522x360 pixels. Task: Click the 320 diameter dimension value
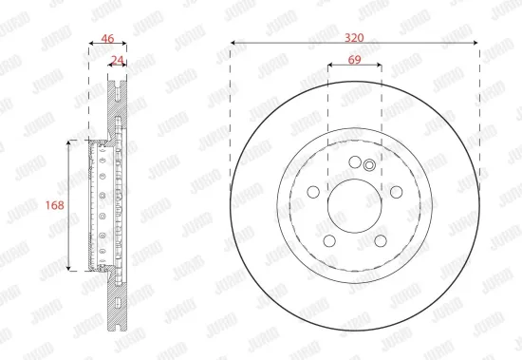point(354,38)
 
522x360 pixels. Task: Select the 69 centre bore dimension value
point(354,61)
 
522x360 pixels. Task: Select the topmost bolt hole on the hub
point(355,161)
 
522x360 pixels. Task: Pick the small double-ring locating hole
point(370,166)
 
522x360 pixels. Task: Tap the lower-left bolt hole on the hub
point(329,238)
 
